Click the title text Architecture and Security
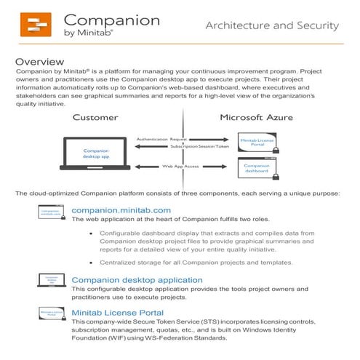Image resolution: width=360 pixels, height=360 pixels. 272,26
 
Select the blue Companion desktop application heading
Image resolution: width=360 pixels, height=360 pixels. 137,279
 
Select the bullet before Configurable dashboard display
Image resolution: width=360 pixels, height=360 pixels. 92,234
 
